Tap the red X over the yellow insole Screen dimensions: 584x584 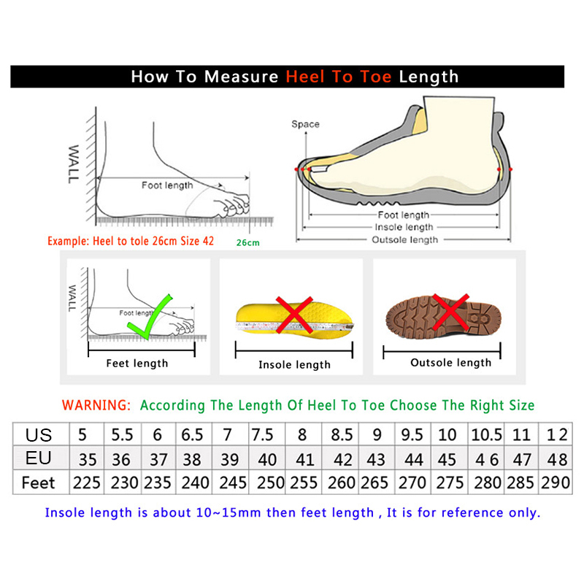coord(294,315)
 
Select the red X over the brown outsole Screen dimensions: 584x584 coord(450,312)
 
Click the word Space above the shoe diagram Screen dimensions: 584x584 coord(305,124)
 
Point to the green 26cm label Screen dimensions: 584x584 coord(247,243)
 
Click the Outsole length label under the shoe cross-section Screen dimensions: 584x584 coord(405,240)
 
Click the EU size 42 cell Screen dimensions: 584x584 coord(340,458)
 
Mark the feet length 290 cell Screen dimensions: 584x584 coord(556,483)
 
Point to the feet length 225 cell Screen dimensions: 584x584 coord(87,483)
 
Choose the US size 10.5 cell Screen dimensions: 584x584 coord(486,434)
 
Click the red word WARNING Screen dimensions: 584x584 coord(96,405)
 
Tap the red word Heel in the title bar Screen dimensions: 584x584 coord(305,77)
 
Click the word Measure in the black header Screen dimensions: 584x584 coord(241,77)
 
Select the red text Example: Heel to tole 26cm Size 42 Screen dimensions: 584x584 coord(131,242)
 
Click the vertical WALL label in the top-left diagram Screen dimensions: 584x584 coord(74,164)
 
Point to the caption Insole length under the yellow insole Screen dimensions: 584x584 coord(294,364)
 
